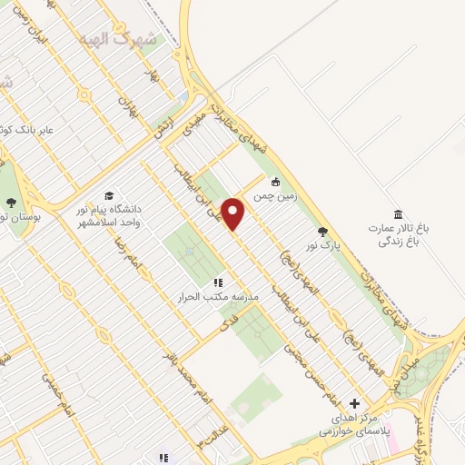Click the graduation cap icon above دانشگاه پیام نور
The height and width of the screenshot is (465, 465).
coord(109,195)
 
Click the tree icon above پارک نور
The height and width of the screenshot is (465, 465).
coord(324,231)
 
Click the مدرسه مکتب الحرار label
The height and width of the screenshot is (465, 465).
coord(219,297)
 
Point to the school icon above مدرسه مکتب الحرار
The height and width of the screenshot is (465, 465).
coord(218,282)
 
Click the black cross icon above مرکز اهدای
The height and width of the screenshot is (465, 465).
coord(355,403)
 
